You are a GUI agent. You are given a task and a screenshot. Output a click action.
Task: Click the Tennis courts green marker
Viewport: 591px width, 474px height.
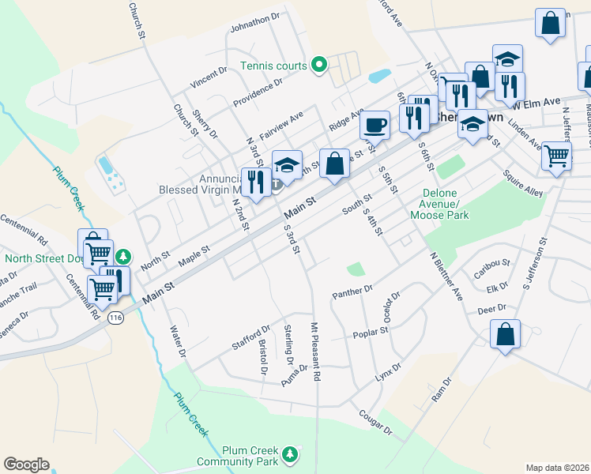point(319,65)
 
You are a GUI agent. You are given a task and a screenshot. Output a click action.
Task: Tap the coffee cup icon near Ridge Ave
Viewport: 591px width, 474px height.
point(375,125)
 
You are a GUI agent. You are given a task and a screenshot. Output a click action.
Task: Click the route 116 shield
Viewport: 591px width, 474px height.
point(117,317)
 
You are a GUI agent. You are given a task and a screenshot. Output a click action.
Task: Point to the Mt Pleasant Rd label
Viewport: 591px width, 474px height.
point(315,352)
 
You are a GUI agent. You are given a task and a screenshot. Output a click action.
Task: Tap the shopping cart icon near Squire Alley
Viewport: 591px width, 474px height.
point(557,155)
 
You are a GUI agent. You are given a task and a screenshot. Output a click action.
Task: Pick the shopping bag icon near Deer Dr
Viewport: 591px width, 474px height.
point(505,334)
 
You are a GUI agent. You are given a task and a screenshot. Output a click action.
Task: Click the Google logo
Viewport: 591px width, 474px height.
point(26,465)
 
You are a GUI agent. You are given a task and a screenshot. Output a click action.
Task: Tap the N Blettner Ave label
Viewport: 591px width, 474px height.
point(446,276)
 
